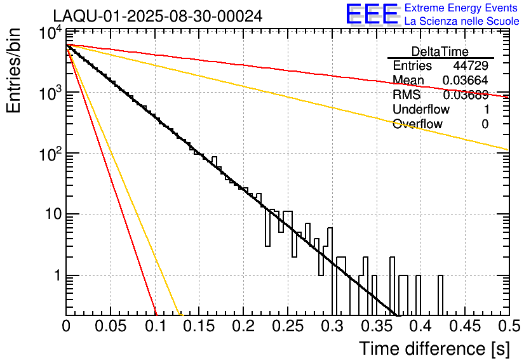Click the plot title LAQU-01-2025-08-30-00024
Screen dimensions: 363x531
(x=158, y=16)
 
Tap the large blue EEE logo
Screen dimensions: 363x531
(x=372, y=15)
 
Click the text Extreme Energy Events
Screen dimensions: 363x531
(x=462, y=8)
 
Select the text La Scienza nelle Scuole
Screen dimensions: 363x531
(x=462, y=21)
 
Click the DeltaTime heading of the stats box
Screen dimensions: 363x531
(x=440, y=51)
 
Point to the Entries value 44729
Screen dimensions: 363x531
(x=471, y=66)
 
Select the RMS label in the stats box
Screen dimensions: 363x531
(x=407, y=95)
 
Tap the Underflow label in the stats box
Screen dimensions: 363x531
(x=421, y=110)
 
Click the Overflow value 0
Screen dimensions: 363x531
(x=485, y=124)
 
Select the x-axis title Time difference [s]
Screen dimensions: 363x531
(x=434, y=348)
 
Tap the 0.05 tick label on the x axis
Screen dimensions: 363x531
(x=111, y=327)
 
